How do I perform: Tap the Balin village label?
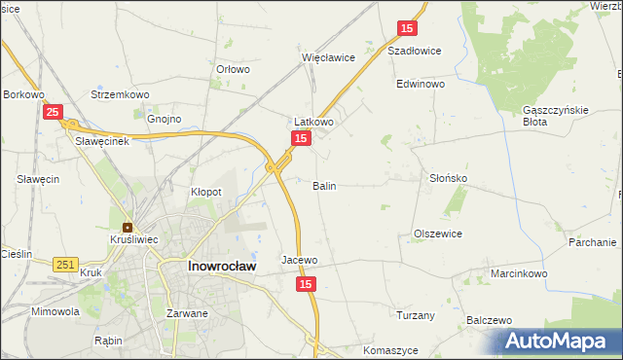[325, 185]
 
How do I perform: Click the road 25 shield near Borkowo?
[55, 113]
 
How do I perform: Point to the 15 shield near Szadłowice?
[407, 29]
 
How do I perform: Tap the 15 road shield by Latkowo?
[302, 140]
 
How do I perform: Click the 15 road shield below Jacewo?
[307, 283]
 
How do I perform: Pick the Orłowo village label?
[234, 70]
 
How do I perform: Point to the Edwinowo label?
[421, 85]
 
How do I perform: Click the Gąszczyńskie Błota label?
[556, 116]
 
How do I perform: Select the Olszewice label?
[438, 234]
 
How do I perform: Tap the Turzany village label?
[416, 315]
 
